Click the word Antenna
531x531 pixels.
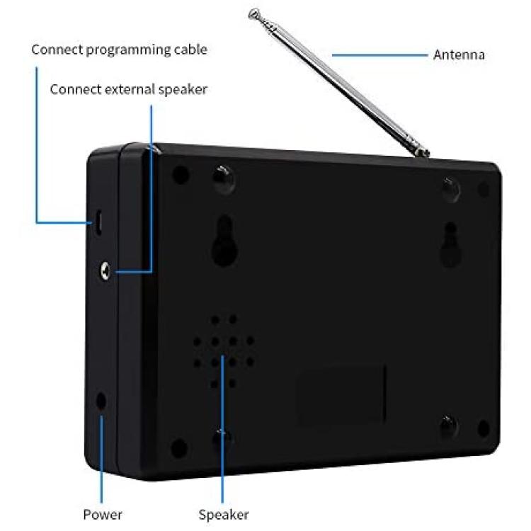click(x=459, y=55)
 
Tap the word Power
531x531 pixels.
click(x=103, y=515)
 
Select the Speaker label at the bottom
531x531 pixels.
click(x=224, y=515)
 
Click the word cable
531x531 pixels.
click(x=190, y=50)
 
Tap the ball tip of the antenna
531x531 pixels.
click(x=253, y=14)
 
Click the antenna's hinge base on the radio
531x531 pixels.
click(x=421, y=151)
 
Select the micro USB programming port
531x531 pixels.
click(x=98, y=222)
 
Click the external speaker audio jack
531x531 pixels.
click(x=105, y=271)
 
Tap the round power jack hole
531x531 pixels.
click(x=101, y=401)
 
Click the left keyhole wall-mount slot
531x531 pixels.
click(x=224, y=241)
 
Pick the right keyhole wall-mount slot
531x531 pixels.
click(x=450, y=244)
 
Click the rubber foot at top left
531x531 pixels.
click(x=224, y=179)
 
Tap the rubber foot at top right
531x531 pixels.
click(x=451, y=190)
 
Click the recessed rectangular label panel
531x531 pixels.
click(x=342, y=393)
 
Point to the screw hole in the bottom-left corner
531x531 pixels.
click(x=180, y=447)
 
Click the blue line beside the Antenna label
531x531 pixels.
click(x=379, y=55)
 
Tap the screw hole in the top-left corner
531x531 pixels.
click(x=181, y=175)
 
